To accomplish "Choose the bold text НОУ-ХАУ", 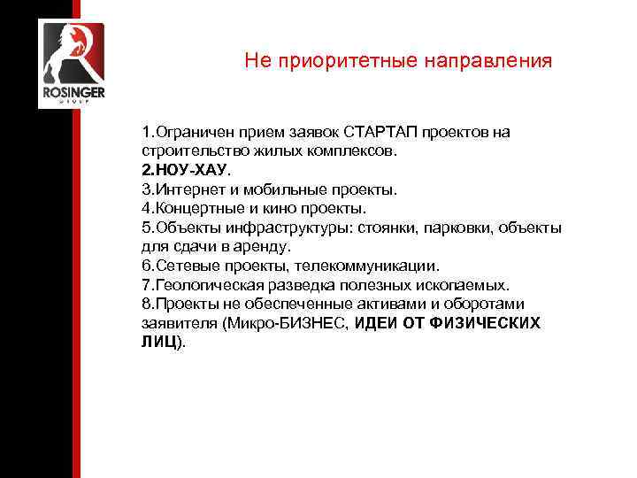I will [x=182, y=169].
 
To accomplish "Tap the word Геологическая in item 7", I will [x=205, y=285].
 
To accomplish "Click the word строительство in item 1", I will [x=186, y=150].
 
